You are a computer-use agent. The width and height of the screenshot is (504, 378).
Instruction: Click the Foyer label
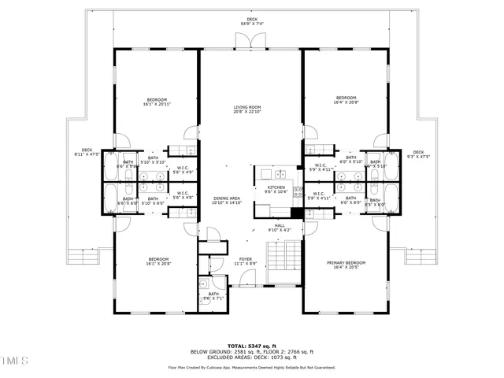245,261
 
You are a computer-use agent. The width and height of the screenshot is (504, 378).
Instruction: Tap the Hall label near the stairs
279,228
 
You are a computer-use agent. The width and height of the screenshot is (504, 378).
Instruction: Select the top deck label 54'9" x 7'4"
252,21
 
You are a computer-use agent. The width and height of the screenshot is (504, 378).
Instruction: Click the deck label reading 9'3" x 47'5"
418,154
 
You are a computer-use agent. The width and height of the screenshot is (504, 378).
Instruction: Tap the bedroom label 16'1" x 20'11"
157,102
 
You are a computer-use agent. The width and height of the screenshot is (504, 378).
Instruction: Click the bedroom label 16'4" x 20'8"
346,100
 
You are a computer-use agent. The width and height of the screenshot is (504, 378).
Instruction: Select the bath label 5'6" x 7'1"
213,296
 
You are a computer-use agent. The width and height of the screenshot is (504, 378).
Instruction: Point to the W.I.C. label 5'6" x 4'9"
182,169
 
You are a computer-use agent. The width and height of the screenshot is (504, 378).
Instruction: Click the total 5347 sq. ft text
251,346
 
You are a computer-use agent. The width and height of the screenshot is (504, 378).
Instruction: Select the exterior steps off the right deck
422,257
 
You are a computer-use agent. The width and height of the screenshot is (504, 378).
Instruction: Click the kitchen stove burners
298,194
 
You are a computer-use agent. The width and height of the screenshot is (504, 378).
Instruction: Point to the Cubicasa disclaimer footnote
251,368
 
